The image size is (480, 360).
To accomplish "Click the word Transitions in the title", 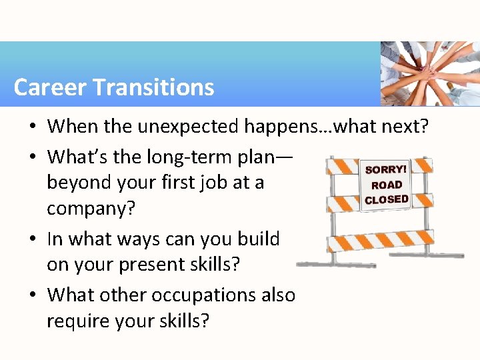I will point(153,87).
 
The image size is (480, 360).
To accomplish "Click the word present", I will point(156,265).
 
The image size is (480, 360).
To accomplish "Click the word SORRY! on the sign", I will point(386,170).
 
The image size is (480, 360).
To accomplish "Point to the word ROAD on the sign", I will point(387,185).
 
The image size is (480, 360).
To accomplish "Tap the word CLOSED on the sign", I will point(387,200).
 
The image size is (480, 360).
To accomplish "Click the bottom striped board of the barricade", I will point(380,240).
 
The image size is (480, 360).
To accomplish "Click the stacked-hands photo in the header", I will point(430,74).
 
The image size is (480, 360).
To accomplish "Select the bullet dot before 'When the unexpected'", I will point(34,126).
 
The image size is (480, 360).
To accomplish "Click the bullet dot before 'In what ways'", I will point(34,239).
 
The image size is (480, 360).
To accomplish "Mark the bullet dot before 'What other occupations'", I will point(34,295).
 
